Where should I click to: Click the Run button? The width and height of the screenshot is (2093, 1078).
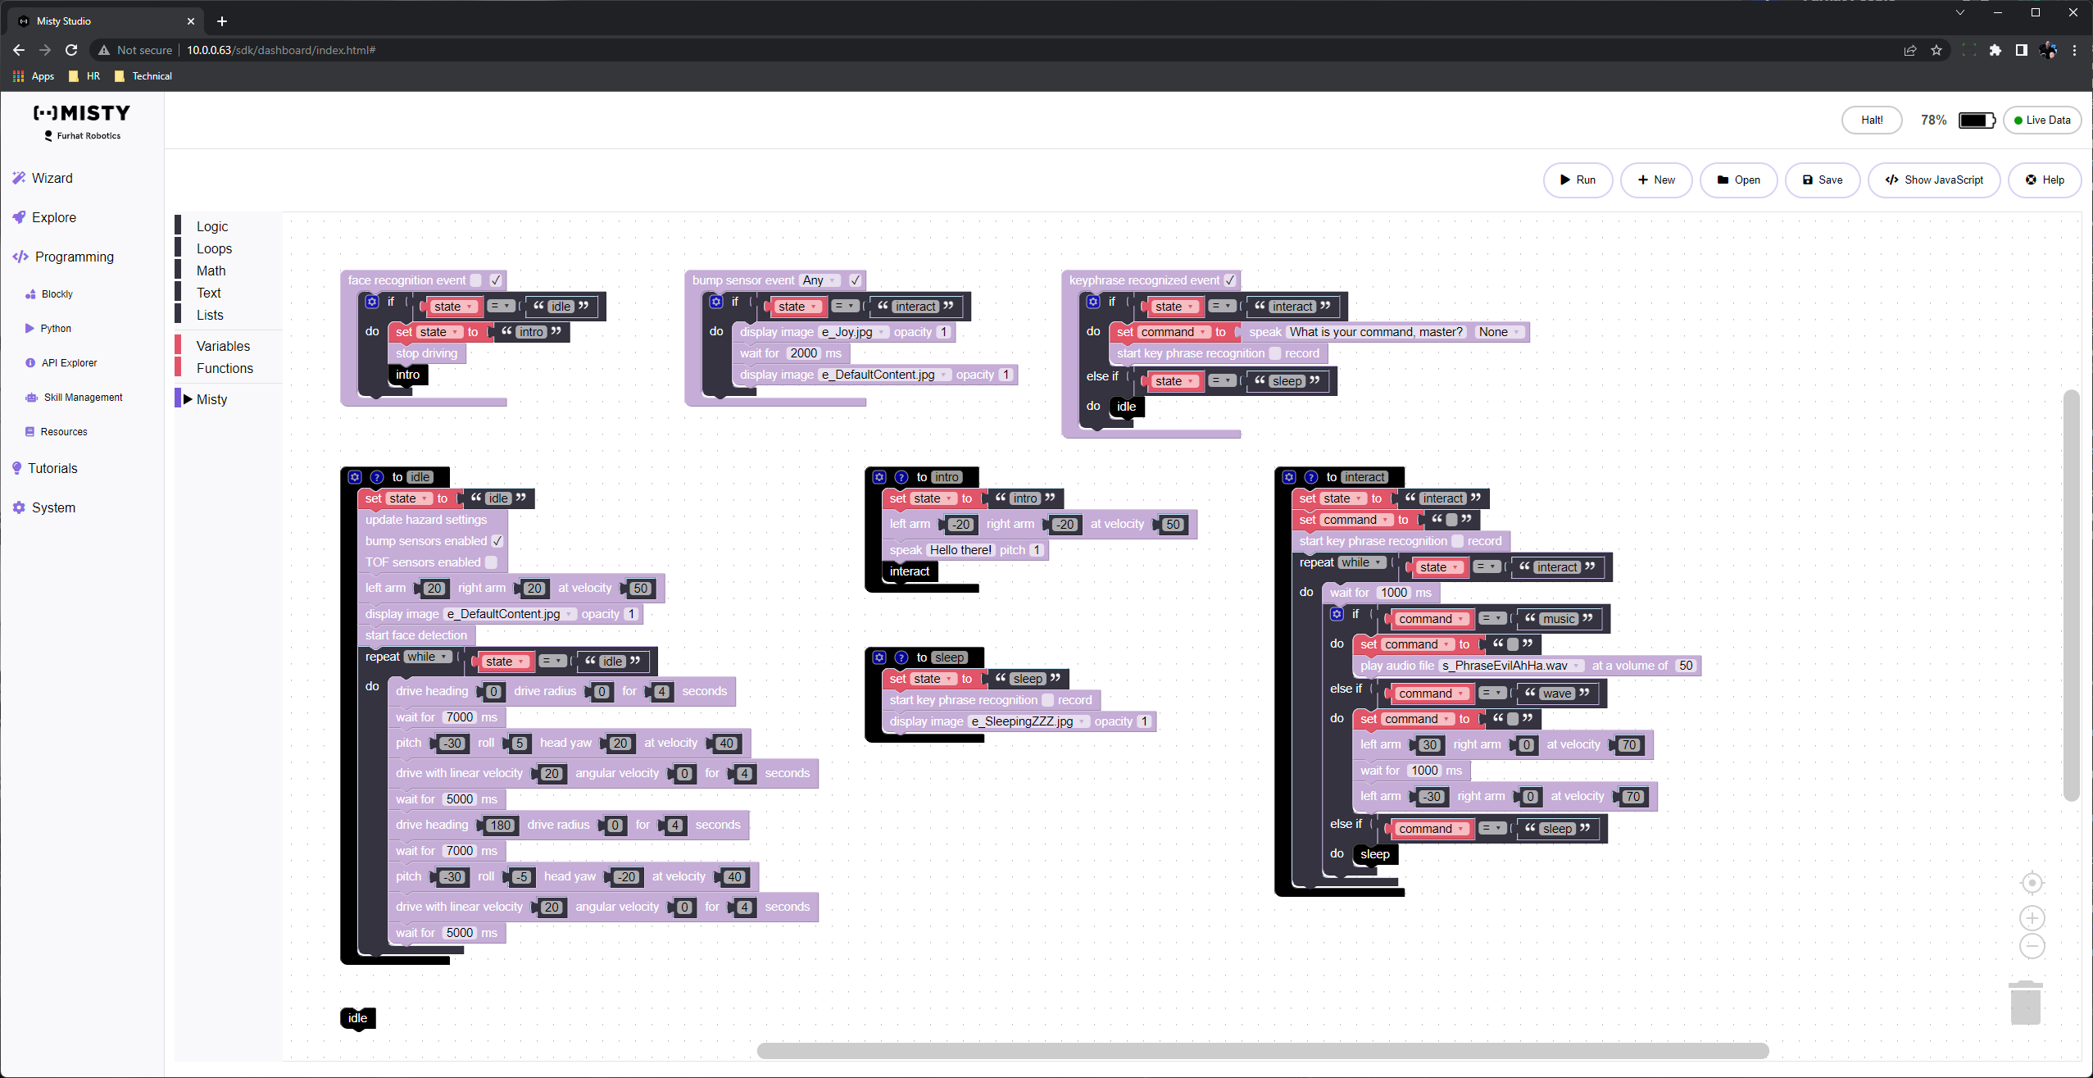coord(1578,180)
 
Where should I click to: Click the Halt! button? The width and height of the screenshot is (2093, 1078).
coord(1872,120)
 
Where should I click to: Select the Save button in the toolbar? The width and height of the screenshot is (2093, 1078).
coord(1823,180)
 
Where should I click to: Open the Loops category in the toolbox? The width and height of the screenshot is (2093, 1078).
coord(214,248)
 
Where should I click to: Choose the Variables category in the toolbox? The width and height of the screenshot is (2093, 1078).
coord(223,346)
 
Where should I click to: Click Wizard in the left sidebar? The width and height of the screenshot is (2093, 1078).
coord(52,178)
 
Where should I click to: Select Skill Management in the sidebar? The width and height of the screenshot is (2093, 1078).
coord(83,397)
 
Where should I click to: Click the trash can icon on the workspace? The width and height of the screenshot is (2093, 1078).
coord(2025,1003)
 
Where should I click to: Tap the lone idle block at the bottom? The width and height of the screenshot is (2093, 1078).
coord(357,1017)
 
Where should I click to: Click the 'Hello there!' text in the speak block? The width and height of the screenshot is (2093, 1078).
coord(960,550)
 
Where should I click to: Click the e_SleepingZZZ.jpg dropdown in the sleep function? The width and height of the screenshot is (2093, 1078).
coord(1029,721)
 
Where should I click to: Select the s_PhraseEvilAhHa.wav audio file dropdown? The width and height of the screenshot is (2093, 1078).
coord(1511,666)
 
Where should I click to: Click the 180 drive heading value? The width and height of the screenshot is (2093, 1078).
coord(500,826)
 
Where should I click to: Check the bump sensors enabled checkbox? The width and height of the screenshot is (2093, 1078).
coord(497,541)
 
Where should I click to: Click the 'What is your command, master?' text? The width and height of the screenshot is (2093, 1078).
coord(1375,332)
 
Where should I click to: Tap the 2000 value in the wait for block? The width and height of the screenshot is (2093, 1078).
coord(803,353)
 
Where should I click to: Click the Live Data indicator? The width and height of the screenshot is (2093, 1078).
coord(2041,120)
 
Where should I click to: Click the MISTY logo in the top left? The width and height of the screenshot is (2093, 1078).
coord(82,113)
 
